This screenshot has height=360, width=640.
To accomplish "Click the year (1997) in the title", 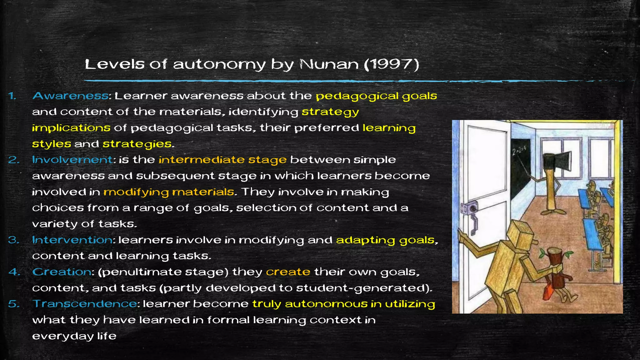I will [x=391, y=64].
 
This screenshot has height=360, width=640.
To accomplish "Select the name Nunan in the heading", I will [x=329, y=64].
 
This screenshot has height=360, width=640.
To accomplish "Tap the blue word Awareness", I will [x=70, y=96].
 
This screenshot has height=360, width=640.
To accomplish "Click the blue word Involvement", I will [x=72, y=160].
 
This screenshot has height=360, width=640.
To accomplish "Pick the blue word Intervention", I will [x=72, y=240].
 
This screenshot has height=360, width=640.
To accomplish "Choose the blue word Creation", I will [x=62, y=272].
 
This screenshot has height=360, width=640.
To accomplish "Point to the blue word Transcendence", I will [x=85, y=304].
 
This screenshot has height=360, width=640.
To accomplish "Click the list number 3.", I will [x=13, y=240].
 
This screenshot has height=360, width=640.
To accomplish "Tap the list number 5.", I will [x=13, y=304].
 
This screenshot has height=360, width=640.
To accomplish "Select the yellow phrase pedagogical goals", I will [x=376, y=96].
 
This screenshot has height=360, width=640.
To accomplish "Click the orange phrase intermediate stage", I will [x=222, y=160].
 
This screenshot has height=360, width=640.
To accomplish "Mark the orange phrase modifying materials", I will [x=169, y=192].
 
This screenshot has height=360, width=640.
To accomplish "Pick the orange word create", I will [x=288, y=272].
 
